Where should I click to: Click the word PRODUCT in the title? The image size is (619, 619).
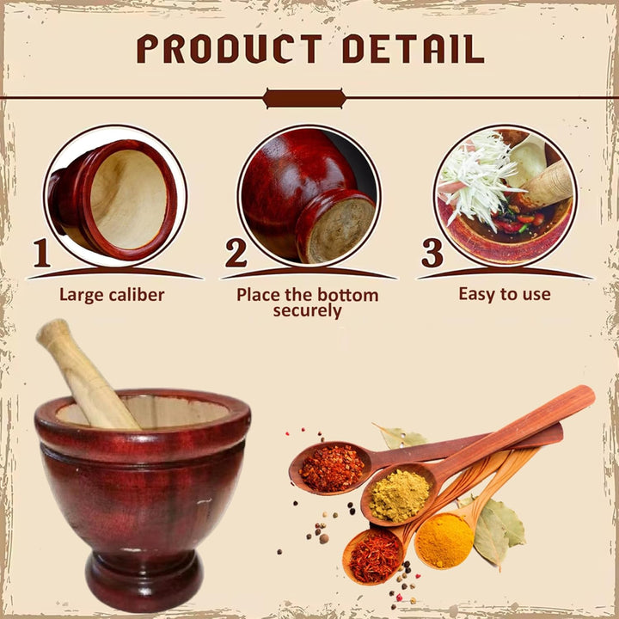(230, 48)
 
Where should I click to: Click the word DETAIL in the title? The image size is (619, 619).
(414, 48)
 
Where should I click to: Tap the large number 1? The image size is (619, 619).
(41, 253)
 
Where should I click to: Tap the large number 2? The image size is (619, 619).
(236, 253)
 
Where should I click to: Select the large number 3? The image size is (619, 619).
(432, 253)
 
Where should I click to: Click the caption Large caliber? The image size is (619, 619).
(112, 295)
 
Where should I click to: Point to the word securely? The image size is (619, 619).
(307, 310)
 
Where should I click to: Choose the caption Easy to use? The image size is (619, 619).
(505, 294)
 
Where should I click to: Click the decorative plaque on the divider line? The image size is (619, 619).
(304, 98)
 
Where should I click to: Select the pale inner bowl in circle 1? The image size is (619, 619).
(128, 199)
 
